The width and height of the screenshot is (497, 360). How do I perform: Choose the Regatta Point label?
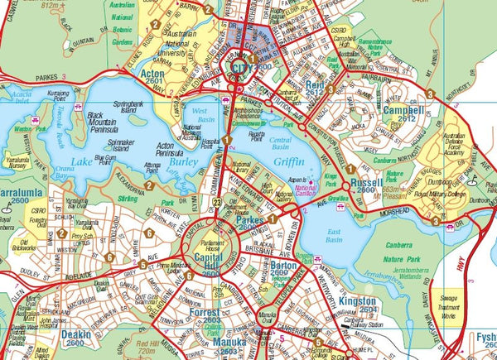pos(257,133)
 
